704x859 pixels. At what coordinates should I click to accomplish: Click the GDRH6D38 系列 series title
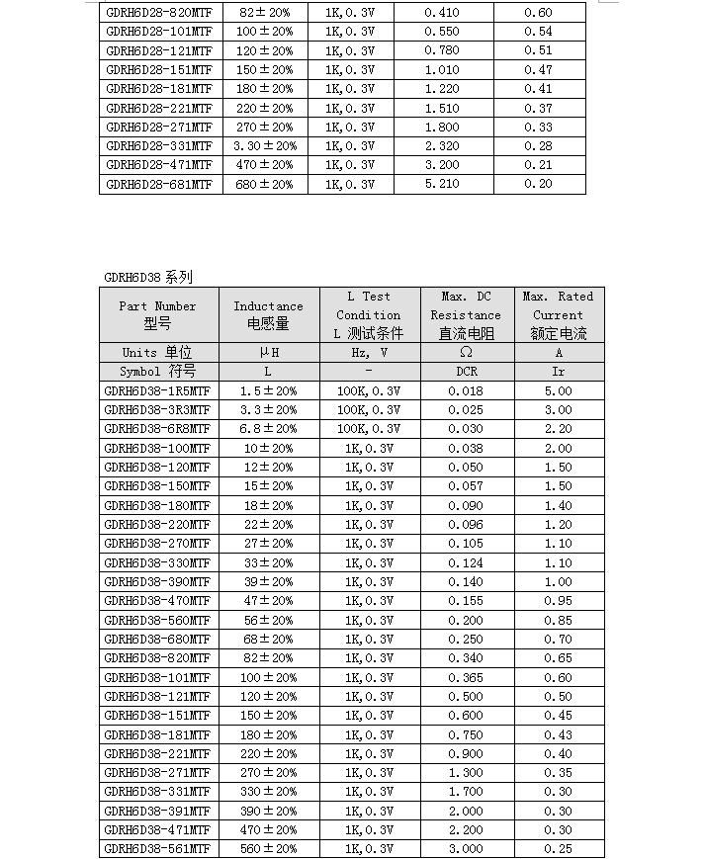click(x=148, y=278)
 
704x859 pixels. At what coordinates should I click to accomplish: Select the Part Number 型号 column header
click(x=157, y=314)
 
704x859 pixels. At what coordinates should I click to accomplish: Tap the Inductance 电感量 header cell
click(x=268, y=314)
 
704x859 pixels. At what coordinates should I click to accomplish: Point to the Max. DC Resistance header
click(x=466, y=314)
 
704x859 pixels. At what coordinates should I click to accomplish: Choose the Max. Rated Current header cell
click(x=559, y=314)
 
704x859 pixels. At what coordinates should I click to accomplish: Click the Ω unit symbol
click(x=466, y=353)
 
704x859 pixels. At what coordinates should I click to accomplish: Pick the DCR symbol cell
click(x=466, y=372)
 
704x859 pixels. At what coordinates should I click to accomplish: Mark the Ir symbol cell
click(x=559, y=372)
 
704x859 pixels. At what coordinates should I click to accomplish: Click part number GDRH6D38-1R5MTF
click(x=157, y=390)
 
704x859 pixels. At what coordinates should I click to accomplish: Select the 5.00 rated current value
click(x=559, y=390)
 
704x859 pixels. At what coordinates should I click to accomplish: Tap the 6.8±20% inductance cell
click(x=268, y=429)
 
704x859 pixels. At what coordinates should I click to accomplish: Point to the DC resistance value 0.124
click(x=466, y=563)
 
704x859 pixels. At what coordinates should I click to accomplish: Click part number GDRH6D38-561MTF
click(x=157, y=849)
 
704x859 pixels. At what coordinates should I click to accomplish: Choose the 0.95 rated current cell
click(x=559, y=601)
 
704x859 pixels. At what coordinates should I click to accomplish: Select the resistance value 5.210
click(x=442, y=184)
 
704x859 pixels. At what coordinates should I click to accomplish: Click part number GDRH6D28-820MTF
click(x=159, y=13)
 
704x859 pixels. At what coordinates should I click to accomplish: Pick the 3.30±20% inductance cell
click(x=265, y=146)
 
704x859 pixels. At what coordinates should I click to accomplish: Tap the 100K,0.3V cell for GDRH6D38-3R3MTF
click(x=369, y=410)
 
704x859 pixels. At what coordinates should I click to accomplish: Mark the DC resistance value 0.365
click(x=466, y=678)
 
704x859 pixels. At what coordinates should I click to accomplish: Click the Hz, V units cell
click(x=369, y=353)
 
